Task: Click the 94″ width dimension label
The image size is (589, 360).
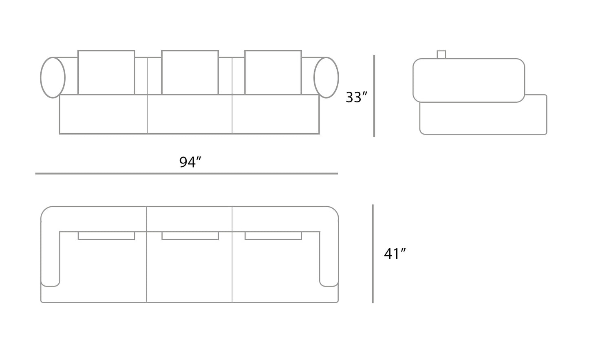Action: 190,162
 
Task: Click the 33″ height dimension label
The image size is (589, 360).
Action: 356,97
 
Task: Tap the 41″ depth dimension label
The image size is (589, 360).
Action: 395,254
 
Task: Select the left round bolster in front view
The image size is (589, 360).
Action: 53,77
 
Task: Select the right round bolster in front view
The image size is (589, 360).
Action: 326,77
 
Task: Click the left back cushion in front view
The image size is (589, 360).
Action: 106,72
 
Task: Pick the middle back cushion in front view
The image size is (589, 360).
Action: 190,72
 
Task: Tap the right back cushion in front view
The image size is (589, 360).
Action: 273,72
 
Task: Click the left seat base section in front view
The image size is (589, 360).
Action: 103,114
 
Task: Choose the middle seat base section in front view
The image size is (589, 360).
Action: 190,114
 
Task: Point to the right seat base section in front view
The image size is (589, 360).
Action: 276,114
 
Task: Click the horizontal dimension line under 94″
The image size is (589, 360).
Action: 186,174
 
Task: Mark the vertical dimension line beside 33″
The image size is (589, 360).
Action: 374,96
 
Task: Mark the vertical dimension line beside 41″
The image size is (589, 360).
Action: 373,254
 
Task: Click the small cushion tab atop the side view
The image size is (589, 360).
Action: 441,55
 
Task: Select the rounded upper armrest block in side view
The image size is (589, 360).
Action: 469,80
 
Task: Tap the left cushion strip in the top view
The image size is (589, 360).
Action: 106,236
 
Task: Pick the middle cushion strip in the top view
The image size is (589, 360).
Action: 190,236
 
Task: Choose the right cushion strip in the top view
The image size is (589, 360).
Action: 273,236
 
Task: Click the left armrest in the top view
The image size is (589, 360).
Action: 50,253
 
